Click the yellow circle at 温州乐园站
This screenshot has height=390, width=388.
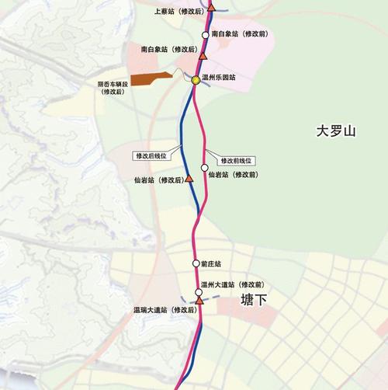click(x=195, y=79)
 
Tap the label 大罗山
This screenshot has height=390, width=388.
click(x=335, y=132)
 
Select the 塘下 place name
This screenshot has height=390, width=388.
click(x=253, y=299)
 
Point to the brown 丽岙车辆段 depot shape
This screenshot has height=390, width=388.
click(x=151, y=78)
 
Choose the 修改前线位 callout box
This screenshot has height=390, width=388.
click(x=237, y=160)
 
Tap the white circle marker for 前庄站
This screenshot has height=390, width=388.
click(x=196, y=264)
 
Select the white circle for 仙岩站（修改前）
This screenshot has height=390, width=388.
click(x=205, y=167)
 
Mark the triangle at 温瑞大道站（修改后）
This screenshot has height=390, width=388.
click(x=199, y=300)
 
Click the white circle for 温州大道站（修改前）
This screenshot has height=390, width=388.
click(x=198, y=292)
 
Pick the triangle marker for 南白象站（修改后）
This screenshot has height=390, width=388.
click(x=203, y=56)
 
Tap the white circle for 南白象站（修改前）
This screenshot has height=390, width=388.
click(x=205, y=35)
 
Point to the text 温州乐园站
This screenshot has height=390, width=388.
click(x=218, y=78)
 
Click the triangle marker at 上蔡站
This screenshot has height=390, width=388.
click(x=211, y=6)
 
